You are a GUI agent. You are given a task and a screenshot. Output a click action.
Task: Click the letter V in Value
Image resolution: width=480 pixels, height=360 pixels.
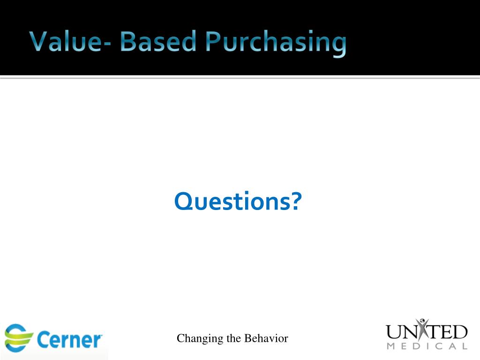tap(38, 42)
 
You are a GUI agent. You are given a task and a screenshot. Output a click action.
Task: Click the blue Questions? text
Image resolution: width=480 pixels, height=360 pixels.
tap(238, 202)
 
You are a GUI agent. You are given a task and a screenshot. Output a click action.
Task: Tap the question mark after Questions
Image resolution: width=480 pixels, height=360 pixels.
tap(295, 202)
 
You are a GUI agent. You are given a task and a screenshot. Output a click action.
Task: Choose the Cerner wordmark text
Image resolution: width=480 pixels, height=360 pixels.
tap(69, 340)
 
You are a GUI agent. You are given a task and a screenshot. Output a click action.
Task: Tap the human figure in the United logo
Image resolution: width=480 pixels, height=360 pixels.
tap(424, 329)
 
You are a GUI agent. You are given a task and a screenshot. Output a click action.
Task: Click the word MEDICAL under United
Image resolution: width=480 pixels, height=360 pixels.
tap(427, 347)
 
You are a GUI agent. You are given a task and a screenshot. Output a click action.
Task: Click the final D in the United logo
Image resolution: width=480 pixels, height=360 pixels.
tap(459, 332)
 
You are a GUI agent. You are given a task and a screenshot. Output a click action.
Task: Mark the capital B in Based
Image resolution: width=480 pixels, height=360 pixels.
tap(130, 42)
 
